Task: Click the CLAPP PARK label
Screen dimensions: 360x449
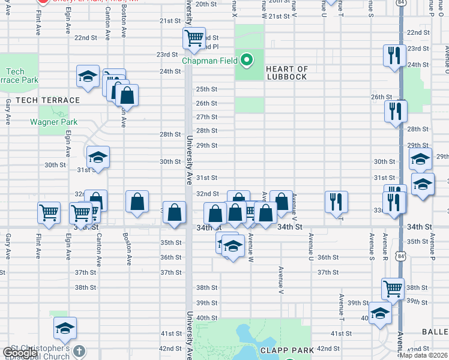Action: [284, 349]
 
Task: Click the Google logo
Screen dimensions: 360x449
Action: [20, 353]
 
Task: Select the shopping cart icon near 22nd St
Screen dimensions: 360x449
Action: [194, 38]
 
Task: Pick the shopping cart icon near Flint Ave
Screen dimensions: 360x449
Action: [49, 212]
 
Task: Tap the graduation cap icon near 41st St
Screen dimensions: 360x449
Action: [65, 328]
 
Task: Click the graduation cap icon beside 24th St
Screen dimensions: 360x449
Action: [88, 76]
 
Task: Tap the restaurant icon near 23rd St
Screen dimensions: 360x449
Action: [394, 55]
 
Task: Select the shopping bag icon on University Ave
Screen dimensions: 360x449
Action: [174, 212]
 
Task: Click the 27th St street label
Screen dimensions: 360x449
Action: [206, 117]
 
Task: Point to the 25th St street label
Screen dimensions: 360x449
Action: [206, 89]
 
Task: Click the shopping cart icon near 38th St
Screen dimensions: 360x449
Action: [393, 288]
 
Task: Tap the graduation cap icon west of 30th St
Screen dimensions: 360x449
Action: [98, 157]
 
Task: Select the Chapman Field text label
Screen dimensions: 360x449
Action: [211, 59]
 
